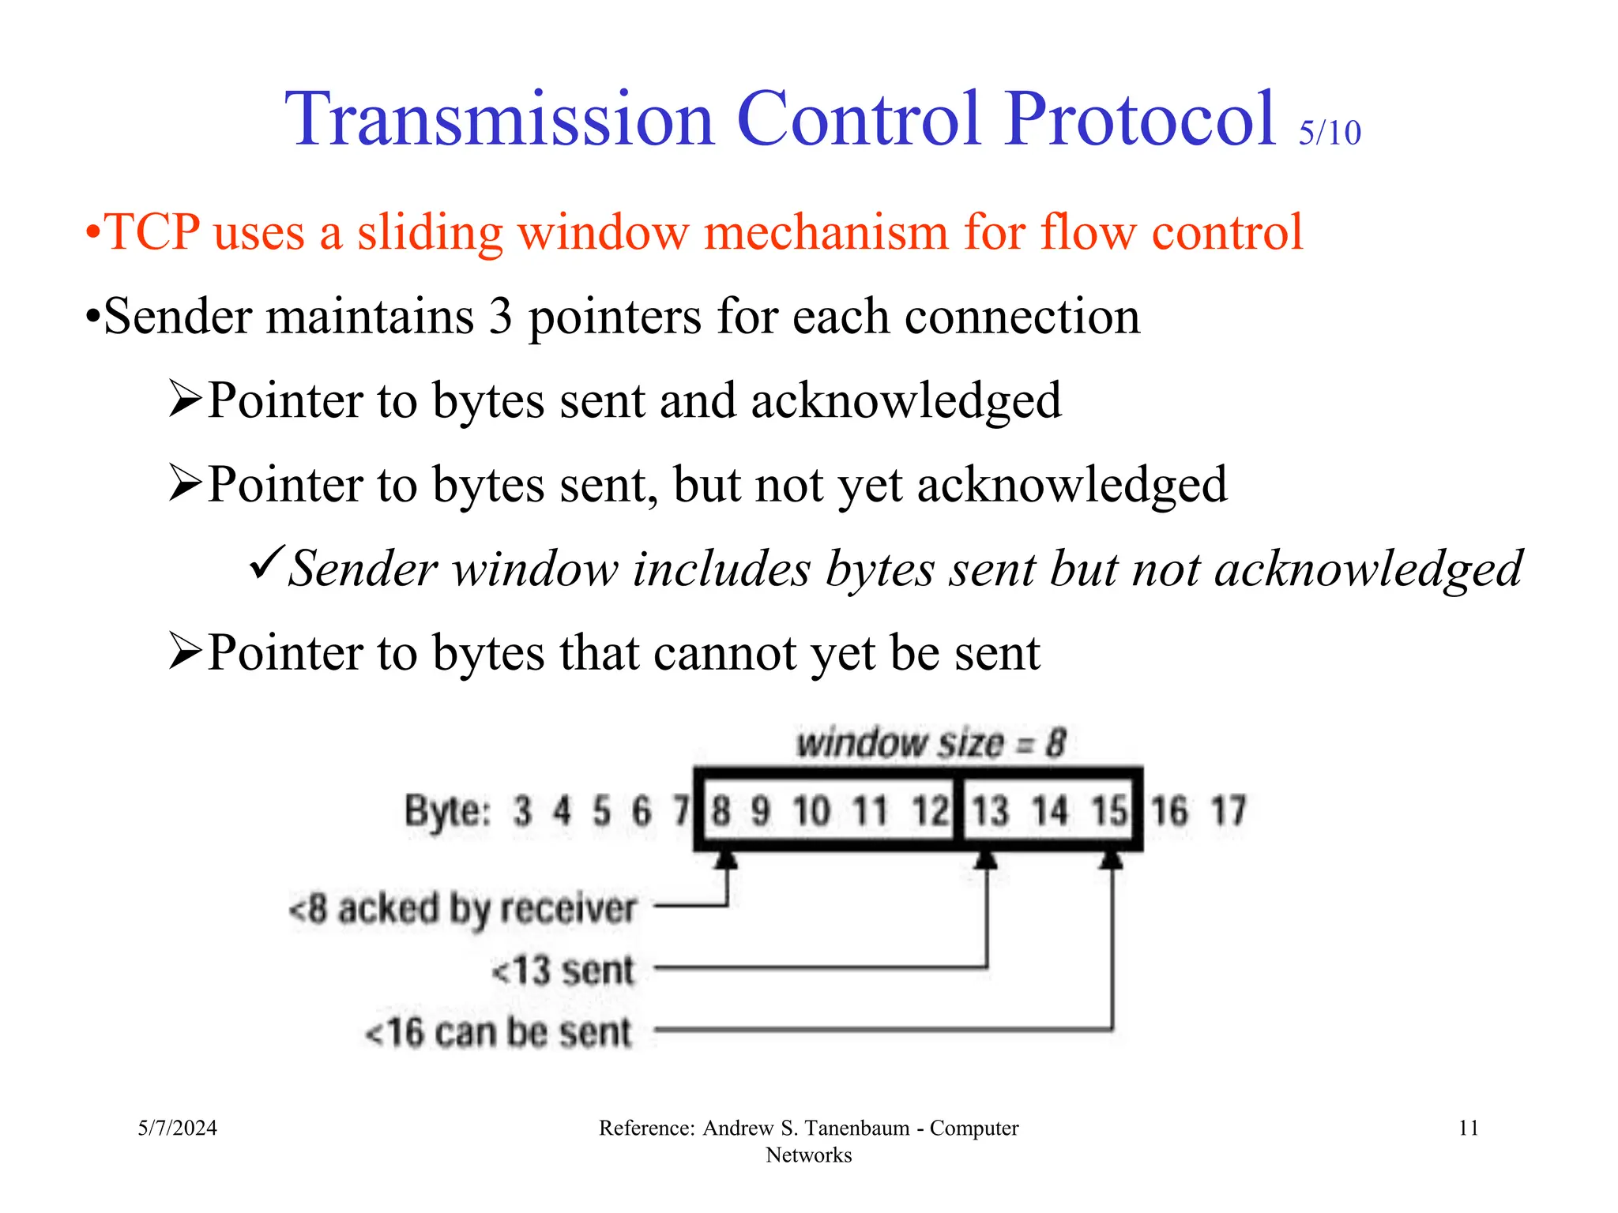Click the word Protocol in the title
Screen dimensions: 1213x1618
[x=1141, y=120]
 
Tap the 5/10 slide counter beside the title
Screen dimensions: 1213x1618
[x=1330, y=133]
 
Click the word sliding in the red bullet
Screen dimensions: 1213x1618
[x=430, y=233]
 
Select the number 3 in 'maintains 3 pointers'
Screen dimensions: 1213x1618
[x=501, y=317]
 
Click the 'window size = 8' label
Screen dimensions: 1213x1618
[x=931, y=743]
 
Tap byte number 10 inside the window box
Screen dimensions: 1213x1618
[x=811, y=811]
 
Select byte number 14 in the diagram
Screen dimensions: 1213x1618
[x=1049, y=811]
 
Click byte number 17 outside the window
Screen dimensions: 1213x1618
[x=1229, y=811]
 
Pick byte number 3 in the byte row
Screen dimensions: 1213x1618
[x=522, y=811]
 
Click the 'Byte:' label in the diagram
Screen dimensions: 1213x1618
[x=447, y=811]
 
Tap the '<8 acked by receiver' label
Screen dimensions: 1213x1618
[x=463, y=909]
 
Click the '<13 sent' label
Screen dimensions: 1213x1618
[x=563, y=971]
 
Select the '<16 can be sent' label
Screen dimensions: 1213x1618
[x=499, y=1032]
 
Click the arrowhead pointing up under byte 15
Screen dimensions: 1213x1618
[x=1112, y=859]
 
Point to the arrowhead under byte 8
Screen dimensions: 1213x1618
[x=726, y=859]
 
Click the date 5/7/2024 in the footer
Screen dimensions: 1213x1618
[x=177, y=1128]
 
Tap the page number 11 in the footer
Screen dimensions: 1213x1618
[x=1468, y=1128]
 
